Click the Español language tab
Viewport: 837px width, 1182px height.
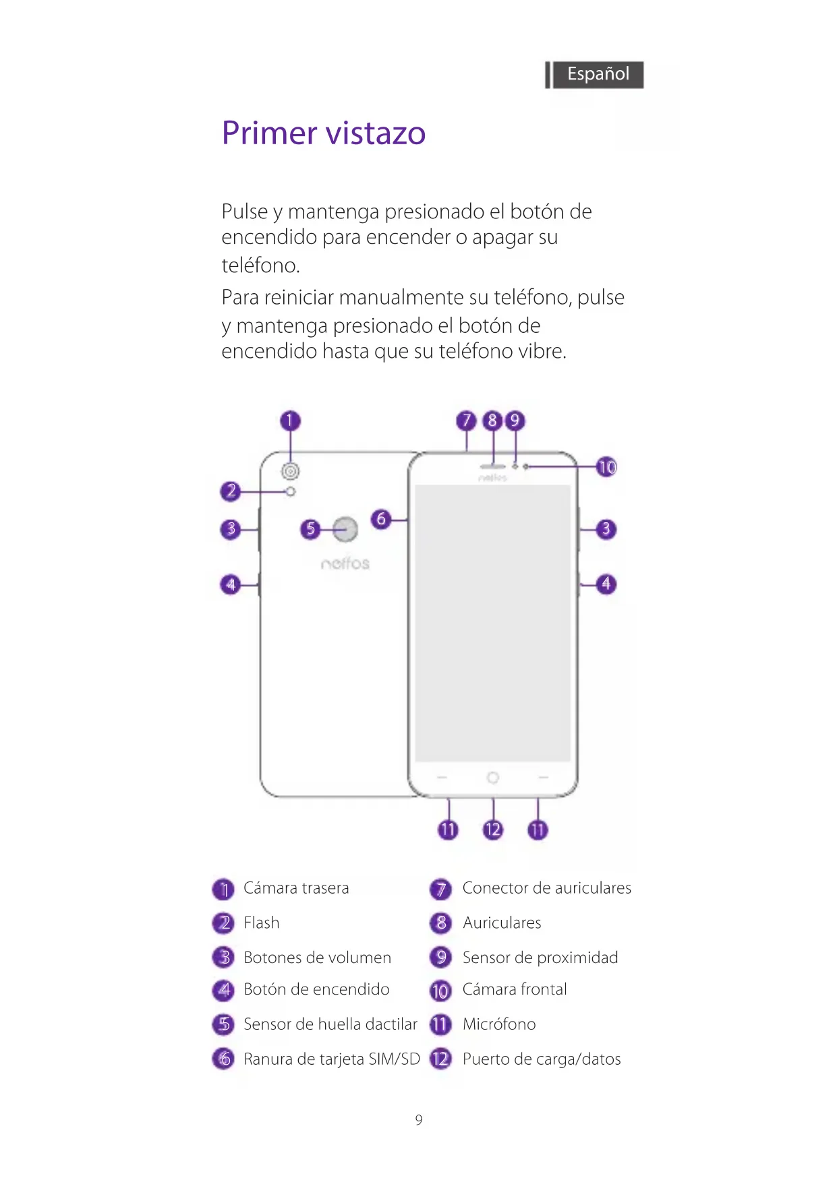[598, 74]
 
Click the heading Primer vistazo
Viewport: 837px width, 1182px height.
[324, 133]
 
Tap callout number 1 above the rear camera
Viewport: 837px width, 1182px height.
[290, 421]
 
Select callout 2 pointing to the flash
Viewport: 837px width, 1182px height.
[231, 491]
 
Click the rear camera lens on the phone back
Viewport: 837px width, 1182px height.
[291, 471]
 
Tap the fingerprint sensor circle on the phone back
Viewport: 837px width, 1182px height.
[345, 530]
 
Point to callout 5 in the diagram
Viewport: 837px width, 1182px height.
[310, 529]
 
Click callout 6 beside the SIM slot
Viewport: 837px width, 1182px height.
[381, 519]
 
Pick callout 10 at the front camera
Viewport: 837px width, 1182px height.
[607, 467]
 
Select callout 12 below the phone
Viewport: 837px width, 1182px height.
[493, 830]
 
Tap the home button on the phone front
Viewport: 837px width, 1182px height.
[493, 778]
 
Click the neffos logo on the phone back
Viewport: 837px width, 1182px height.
[345, 563]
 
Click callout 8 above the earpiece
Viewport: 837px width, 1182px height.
[492, 421]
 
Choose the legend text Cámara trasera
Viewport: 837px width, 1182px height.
[296, 888]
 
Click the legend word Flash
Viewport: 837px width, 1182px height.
[262, 923]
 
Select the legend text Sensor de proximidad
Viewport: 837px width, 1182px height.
[540, 958]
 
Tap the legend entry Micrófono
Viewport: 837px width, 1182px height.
[499, 1024]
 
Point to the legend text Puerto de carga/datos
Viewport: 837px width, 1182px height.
[542, 1059]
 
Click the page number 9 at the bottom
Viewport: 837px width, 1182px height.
[419, 1120]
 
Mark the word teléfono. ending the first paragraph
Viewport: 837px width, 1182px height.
[261, 266]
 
